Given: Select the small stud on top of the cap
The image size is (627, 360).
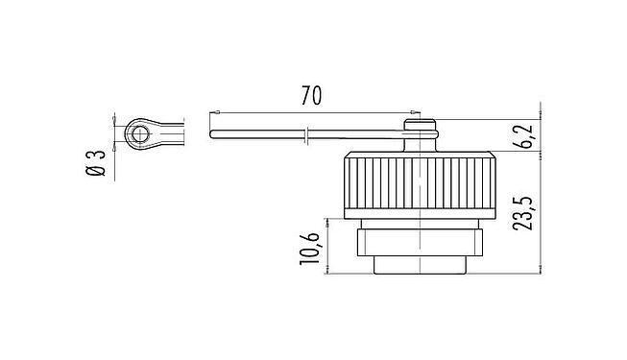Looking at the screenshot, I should [420, 124].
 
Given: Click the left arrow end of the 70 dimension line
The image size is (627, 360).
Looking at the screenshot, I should [210, 113].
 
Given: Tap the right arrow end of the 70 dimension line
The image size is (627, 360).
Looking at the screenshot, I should [412, 113].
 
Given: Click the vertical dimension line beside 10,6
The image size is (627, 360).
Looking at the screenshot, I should [329, 249].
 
